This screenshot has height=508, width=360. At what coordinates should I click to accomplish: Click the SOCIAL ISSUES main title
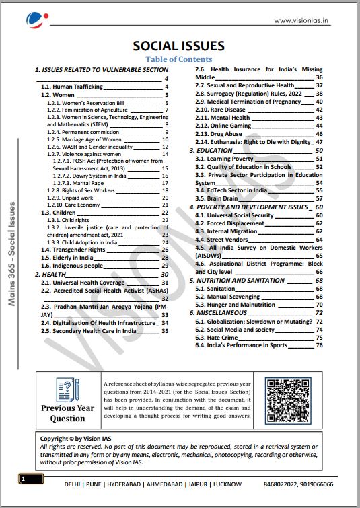point(178,46)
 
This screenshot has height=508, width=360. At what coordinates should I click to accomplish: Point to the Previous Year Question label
point(68,413)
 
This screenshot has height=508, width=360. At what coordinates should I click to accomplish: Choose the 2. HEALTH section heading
point(50,275)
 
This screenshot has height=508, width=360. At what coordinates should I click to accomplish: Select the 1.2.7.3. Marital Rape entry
point(78,182)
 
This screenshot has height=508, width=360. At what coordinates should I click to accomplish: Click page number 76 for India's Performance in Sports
point(319,345)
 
